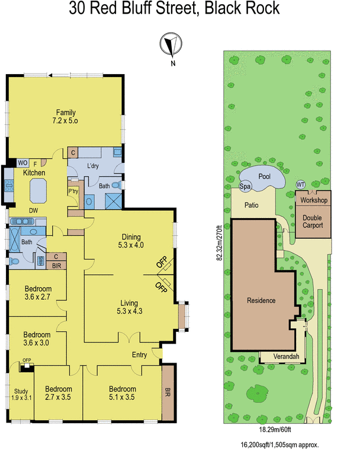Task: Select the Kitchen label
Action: (34, 172)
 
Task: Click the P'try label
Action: (73, 191)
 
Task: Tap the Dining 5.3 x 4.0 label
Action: (131, 241)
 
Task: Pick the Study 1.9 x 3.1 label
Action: (21, 394)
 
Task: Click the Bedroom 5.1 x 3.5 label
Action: (123, 393)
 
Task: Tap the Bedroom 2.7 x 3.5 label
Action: (59, 393)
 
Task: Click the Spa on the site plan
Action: (245, 186)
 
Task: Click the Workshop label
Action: (313, 200)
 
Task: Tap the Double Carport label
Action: (313, 222)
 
